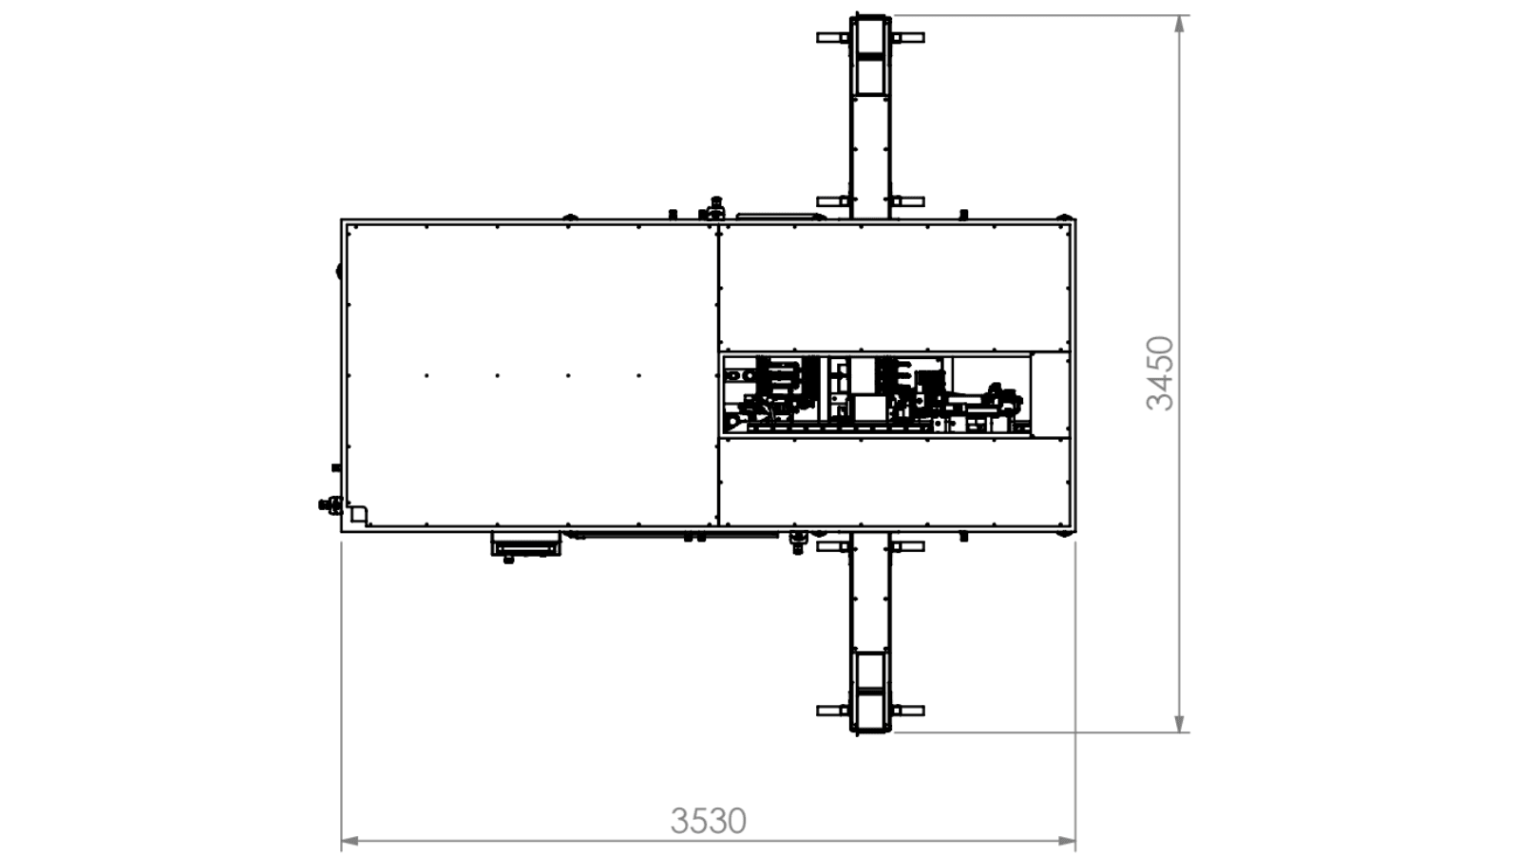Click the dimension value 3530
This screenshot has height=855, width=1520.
[709, 821]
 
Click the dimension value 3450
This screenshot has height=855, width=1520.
[1160, 374]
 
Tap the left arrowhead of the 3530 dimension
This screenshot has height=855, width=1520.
[350, 843]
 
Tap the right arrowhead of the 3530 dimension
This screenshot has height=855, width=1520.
[1068, 843]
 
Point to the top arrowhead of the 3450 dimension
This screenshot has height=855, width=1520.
[1180, 24]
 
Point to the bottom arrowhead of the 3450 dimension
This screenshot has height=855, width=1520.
[1180, 723]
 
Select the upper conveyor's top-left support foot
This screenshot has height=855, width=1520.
[832, 38]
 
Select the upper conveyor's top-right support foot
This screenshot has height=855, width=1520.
[908, 38]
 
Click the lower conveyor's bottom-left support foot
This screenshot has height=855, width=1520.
[832, 711]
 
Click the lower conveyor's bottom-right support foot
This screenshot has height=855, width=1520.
[908, 711]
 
